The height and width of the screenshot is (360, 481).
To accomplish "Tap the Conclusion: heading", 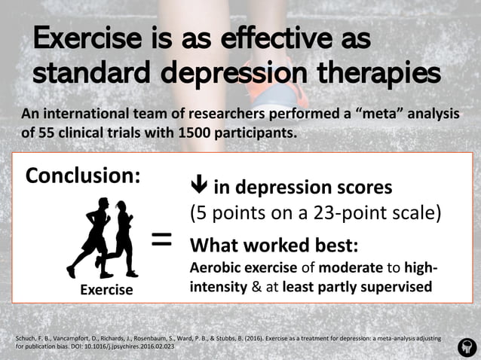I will click(x=83, y=175).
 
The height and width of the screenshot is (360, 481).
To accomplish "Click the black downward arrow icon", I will click(x=199, y=186).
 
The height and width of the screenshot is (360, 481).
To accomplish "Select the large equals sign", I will click(x=161, y=240).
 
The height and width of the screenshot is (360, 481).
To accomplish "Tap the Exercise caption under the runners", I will click(x=106, y=289).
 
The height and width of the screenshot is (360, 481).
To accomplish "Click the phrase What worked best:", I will click(x=273, y=246).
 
